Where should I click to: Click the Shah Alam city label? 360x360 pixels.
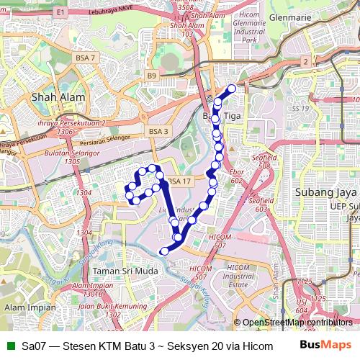[x=58, y=96]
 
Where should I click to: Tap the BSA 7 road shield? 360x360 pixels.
[x=84, y=57]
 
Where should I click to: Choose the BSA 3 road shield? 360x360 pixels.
[x=158, y=131]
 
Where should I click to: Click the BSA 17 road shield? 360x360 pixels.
[x=180, y=181]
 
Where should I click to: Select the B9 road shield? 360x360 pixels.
[x=151, y=75]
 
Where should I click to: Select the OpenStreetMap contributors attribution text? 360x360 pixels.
[x=297, y=323]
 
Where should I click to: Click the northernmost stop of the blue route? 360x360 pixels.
[x=232, y=89]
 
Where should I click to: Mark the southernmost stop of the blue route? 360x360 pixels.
[x=164, y=251]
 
